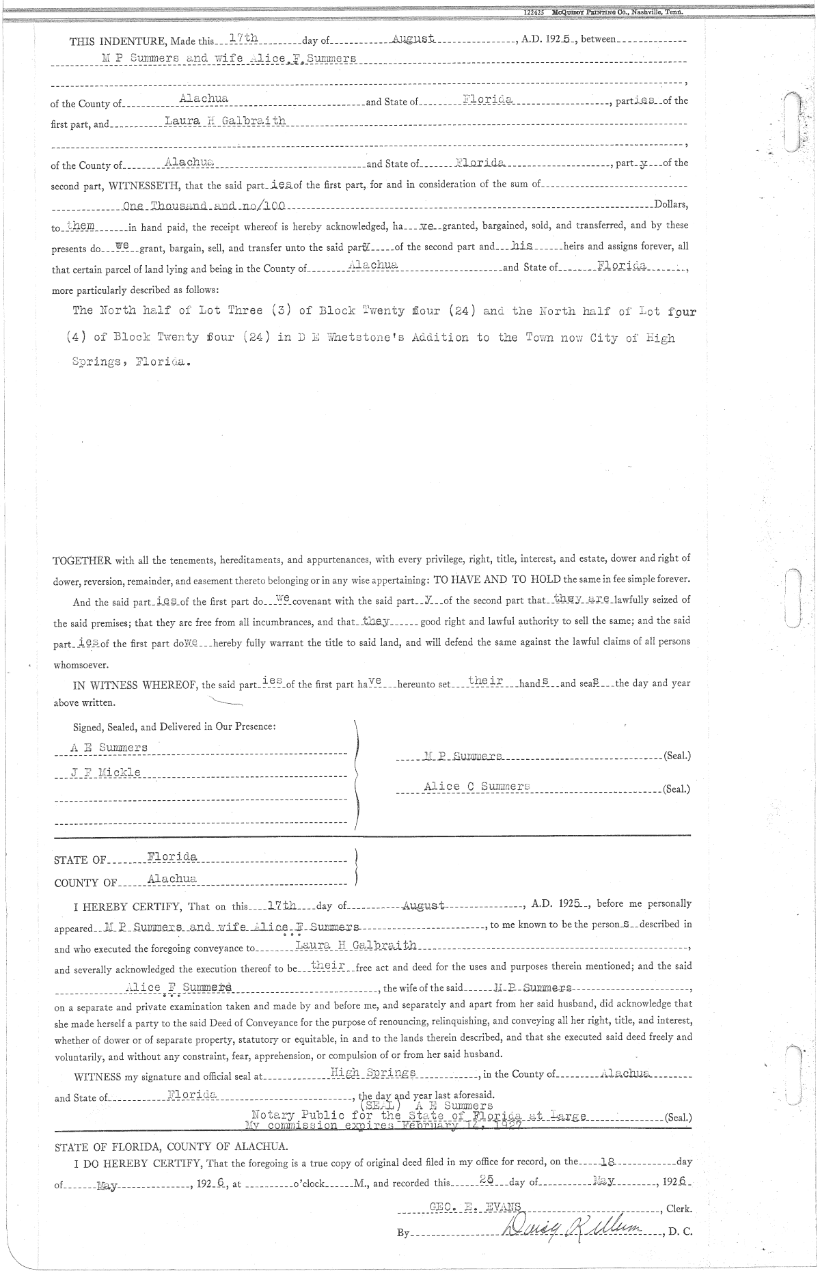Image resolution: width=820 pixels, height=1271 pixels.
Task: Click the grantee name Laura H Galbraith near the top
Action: click(225, 121)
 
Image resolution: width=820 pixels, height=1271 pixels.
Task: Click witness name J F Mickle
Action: click(106, 772)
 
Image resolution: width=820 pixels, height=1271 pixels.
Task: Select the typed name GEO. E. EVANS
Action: click(476, 1207)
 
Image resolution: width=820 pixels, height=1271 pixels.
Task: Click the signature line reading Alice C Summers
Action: click(477, 787)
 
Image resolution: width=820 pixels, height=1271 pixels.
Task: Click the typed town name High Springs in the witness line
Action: click(372, 1073)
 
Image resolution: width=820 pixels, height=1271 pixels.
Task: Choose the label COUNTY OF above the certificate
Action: click(85, 883)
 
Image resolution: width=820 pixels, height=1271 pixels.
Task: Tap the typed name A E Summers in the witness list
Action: click(109, 748)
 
